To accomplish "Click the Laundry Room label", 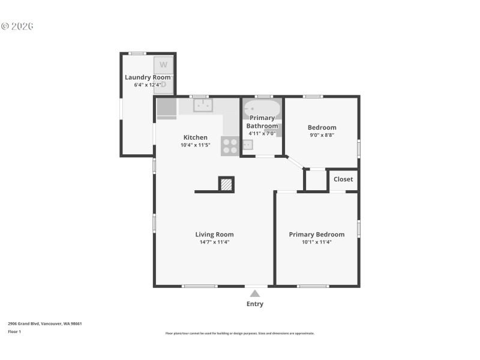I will [148, 77].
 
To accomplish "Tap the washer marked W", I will [163, 65].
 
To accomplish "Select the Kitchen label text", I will [195, 137].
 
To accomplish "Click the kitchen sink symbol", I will [203, 106].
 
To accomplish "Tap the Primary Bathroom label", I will [263, 122].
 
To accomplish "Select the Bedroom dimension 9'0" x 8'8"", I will [322, 135].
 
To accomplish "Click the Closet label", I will [343, 179].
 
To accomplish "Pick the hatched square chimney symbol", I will [226, 184].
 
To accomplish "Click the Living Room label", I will [214, 235].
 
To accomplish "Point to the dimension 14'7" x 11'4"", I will [214, 242].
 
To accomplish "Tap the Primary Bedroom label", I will [317, 235].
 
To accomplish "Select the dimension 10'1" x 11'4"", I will [317, 242].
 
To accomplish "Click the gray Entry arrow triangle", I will [255, 293].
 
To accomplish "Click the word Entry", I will [255, 304].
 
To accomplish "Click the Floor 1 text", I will [14, 331].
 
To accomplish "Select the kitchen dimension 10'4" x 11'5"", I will [195, 145].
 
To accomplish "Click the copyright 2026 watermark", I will [17, 26].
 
